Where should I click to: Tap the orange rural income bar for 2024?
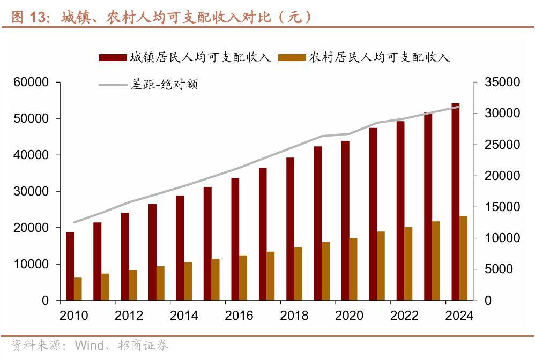click(464, 258)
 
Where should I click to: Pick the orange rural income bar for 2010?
click(78, 289)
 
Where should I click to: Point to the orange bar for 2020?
click(353, 269)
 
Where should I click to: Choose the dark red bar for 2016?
click(235, 239)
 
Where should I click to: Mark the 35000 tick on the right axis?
click(502, 82)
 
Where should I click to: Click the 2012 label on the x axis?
click(129, 316)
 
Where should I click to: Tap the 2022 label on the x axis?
click(404, 316)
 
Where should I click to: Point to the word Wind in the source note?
click(89, 346)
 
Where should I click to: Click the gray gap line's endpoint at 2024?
click(459, 106)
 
